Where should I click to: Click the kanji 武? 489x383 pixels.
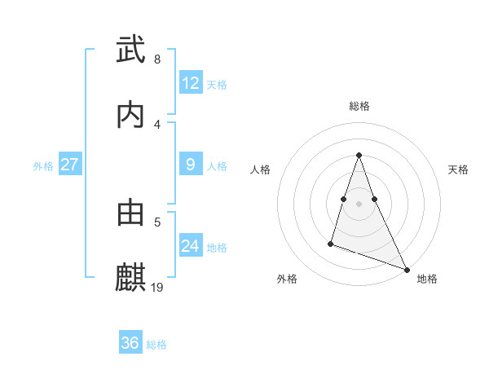[x=130, y=51]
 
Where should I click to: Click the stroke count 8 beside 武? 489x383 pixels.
[x=156, y=59]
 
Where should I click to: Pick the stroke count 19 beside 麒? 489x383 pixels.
[x=158, y=287]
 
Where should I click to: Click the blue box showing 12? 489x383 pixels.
[x=190, y=83]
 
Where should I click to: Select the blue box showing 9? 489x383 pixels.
[x=190, y=165]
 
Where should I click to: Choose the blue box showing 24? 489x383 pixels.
[x=190, y=246]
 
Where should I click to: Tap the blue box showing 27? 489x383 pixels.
[x=69, y=165]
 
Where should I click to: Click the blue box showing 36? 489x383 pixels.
[x=130, y=343]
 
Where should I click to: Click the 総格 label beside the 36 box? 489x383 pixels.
[x=156, y=344]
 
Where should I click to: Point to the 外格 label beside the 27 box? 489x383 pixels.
[x=43, y=165]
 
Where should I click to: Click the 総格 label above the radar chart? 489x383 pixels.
[x=359, y=106]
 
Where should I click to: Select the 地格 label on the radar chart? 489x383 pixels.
[x=427, y=279]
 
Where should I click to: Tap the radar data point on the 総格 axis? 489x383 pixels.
[x=359, y=155]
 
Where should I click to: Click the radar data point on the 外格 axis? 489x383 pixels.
[x=331, y=243]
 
